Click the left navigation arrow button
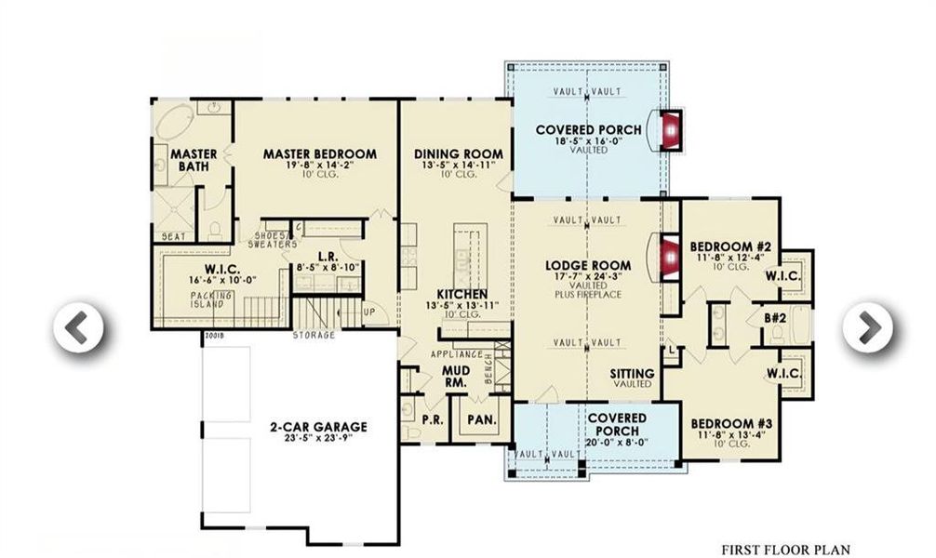tap(79, 326)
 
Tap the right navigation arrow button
tap(867, 325)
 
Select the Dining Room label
tap(458, 154)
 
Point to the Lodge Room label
tap(587, 265)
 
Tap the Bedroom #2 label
tap(726, 246)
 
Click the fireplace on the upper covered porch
tap(671, 130)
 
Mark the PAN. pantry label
tap(481, 419)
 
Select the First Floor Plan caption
tap(785, 550)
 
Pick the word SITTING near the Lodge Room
tap(632, 374)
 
